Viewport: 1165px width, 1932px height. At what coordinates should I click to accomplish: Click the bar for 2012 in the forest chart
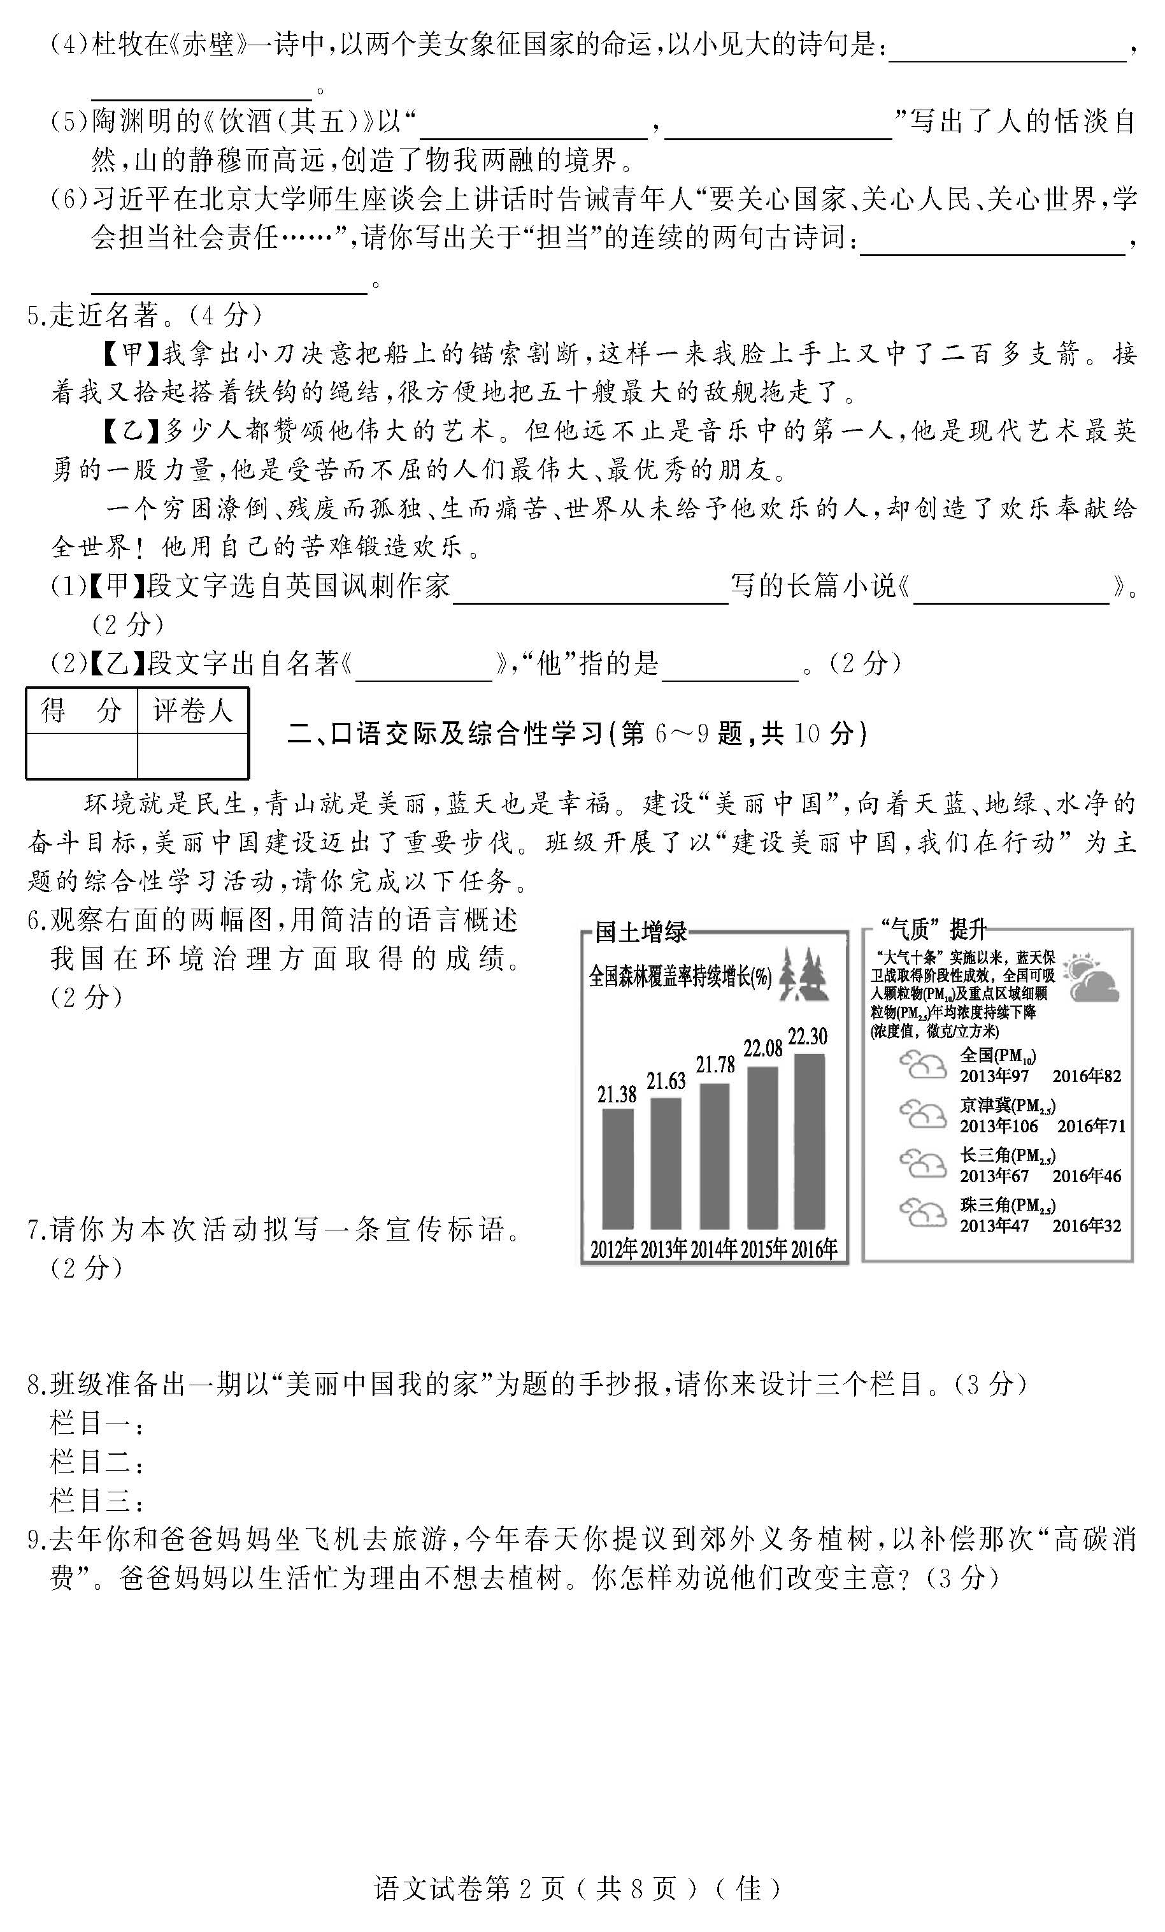[617, 1167]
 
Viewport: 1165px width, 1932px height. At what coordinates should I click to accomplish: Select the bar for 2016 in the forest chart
[809, 1140]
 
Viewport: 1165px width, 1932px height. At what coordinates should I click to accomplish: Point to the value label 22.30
[808, 1037]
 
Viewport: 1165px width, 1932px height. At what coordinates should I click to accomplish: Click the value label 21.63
[666, 1081]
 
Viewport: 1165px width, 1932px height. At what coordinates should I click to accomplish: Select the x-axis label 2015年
[763, 1249]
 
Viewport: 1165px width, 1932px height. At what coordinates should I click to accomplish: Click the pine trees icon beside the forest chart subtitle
[804, 976]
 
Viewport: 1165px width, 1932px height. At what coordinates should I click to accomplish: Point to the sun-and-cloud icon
[1093, 977]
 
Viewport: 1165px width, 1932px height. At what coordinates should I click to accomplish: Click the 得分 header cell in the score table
[82, 710]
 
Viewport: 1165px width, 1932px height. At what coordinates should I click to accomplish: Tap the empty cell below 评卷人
[193, 755]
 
